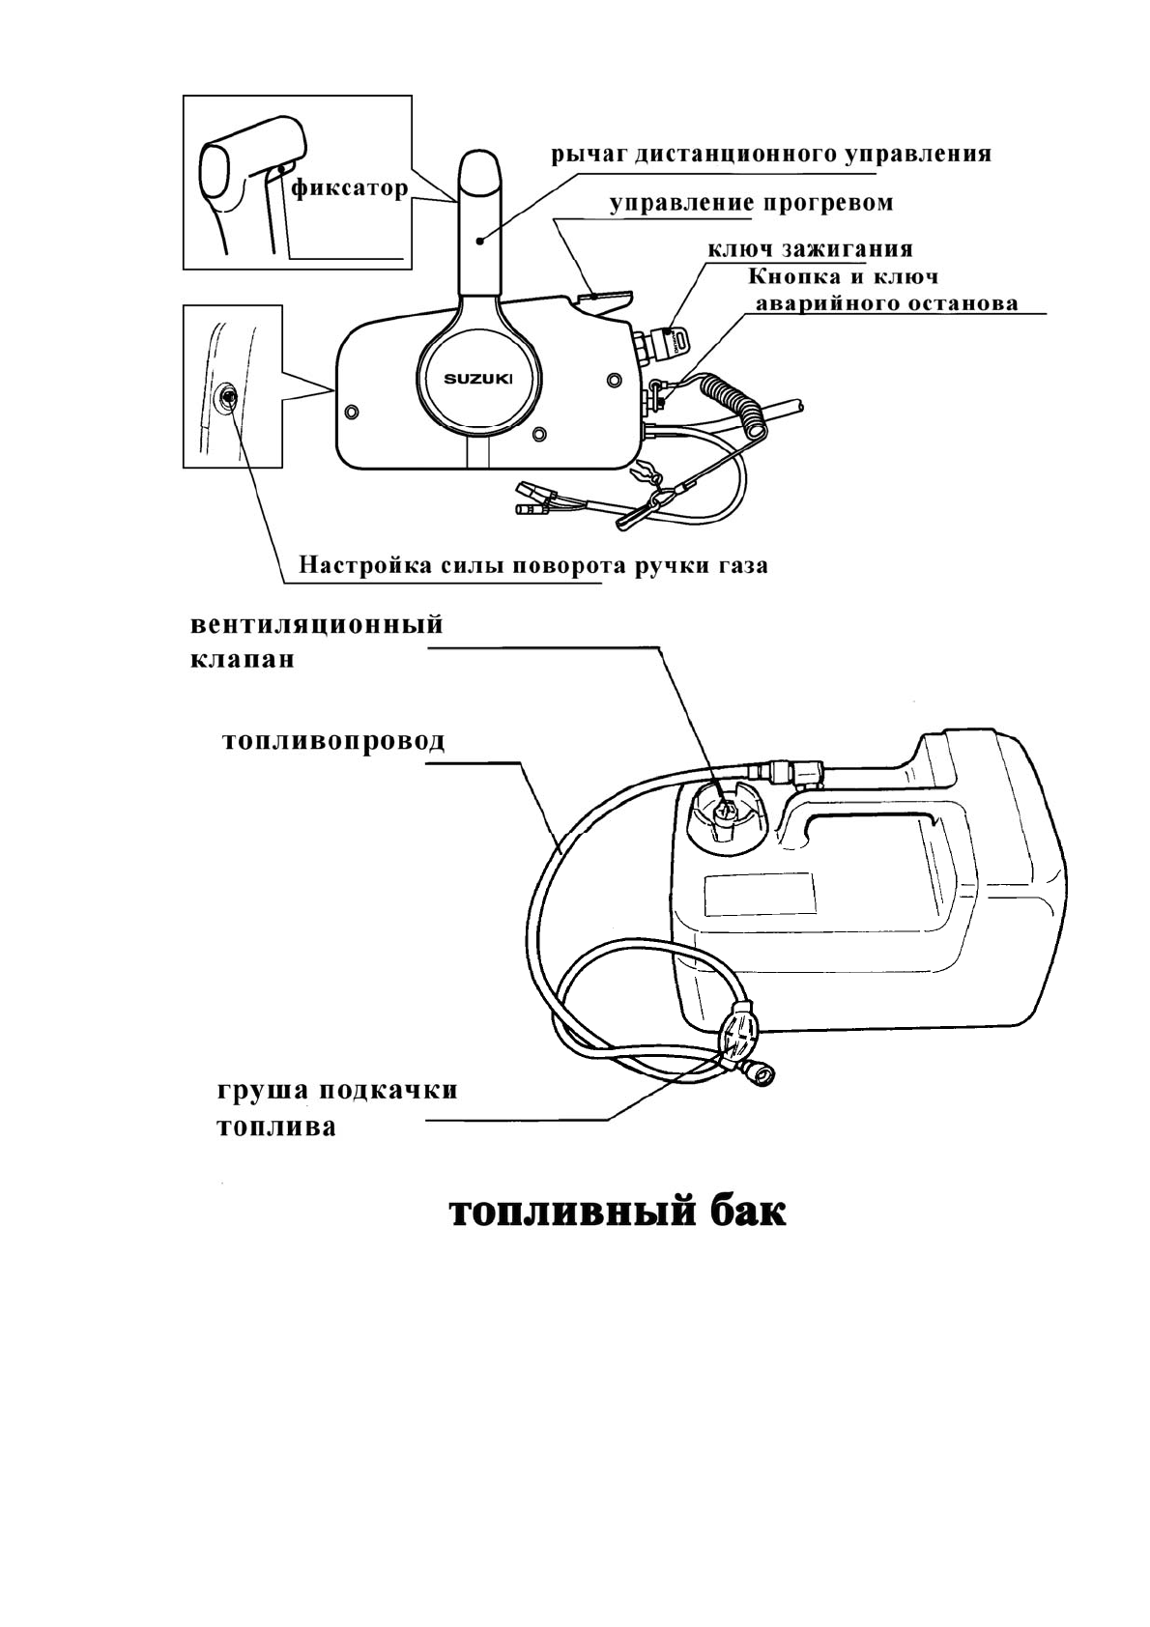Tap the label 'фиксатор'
[x=349, y=187]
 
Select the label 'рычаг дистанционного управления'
[x=771, y=154]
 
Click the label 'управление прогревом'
[x=751, y=203]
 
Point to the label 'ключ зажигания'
[x=810, y=249]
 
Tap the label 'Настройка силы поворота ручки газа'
[x=532, y=565]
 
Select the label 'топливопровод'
[x=333, y=741]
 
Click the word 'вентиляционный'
[x=317, y=624]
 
